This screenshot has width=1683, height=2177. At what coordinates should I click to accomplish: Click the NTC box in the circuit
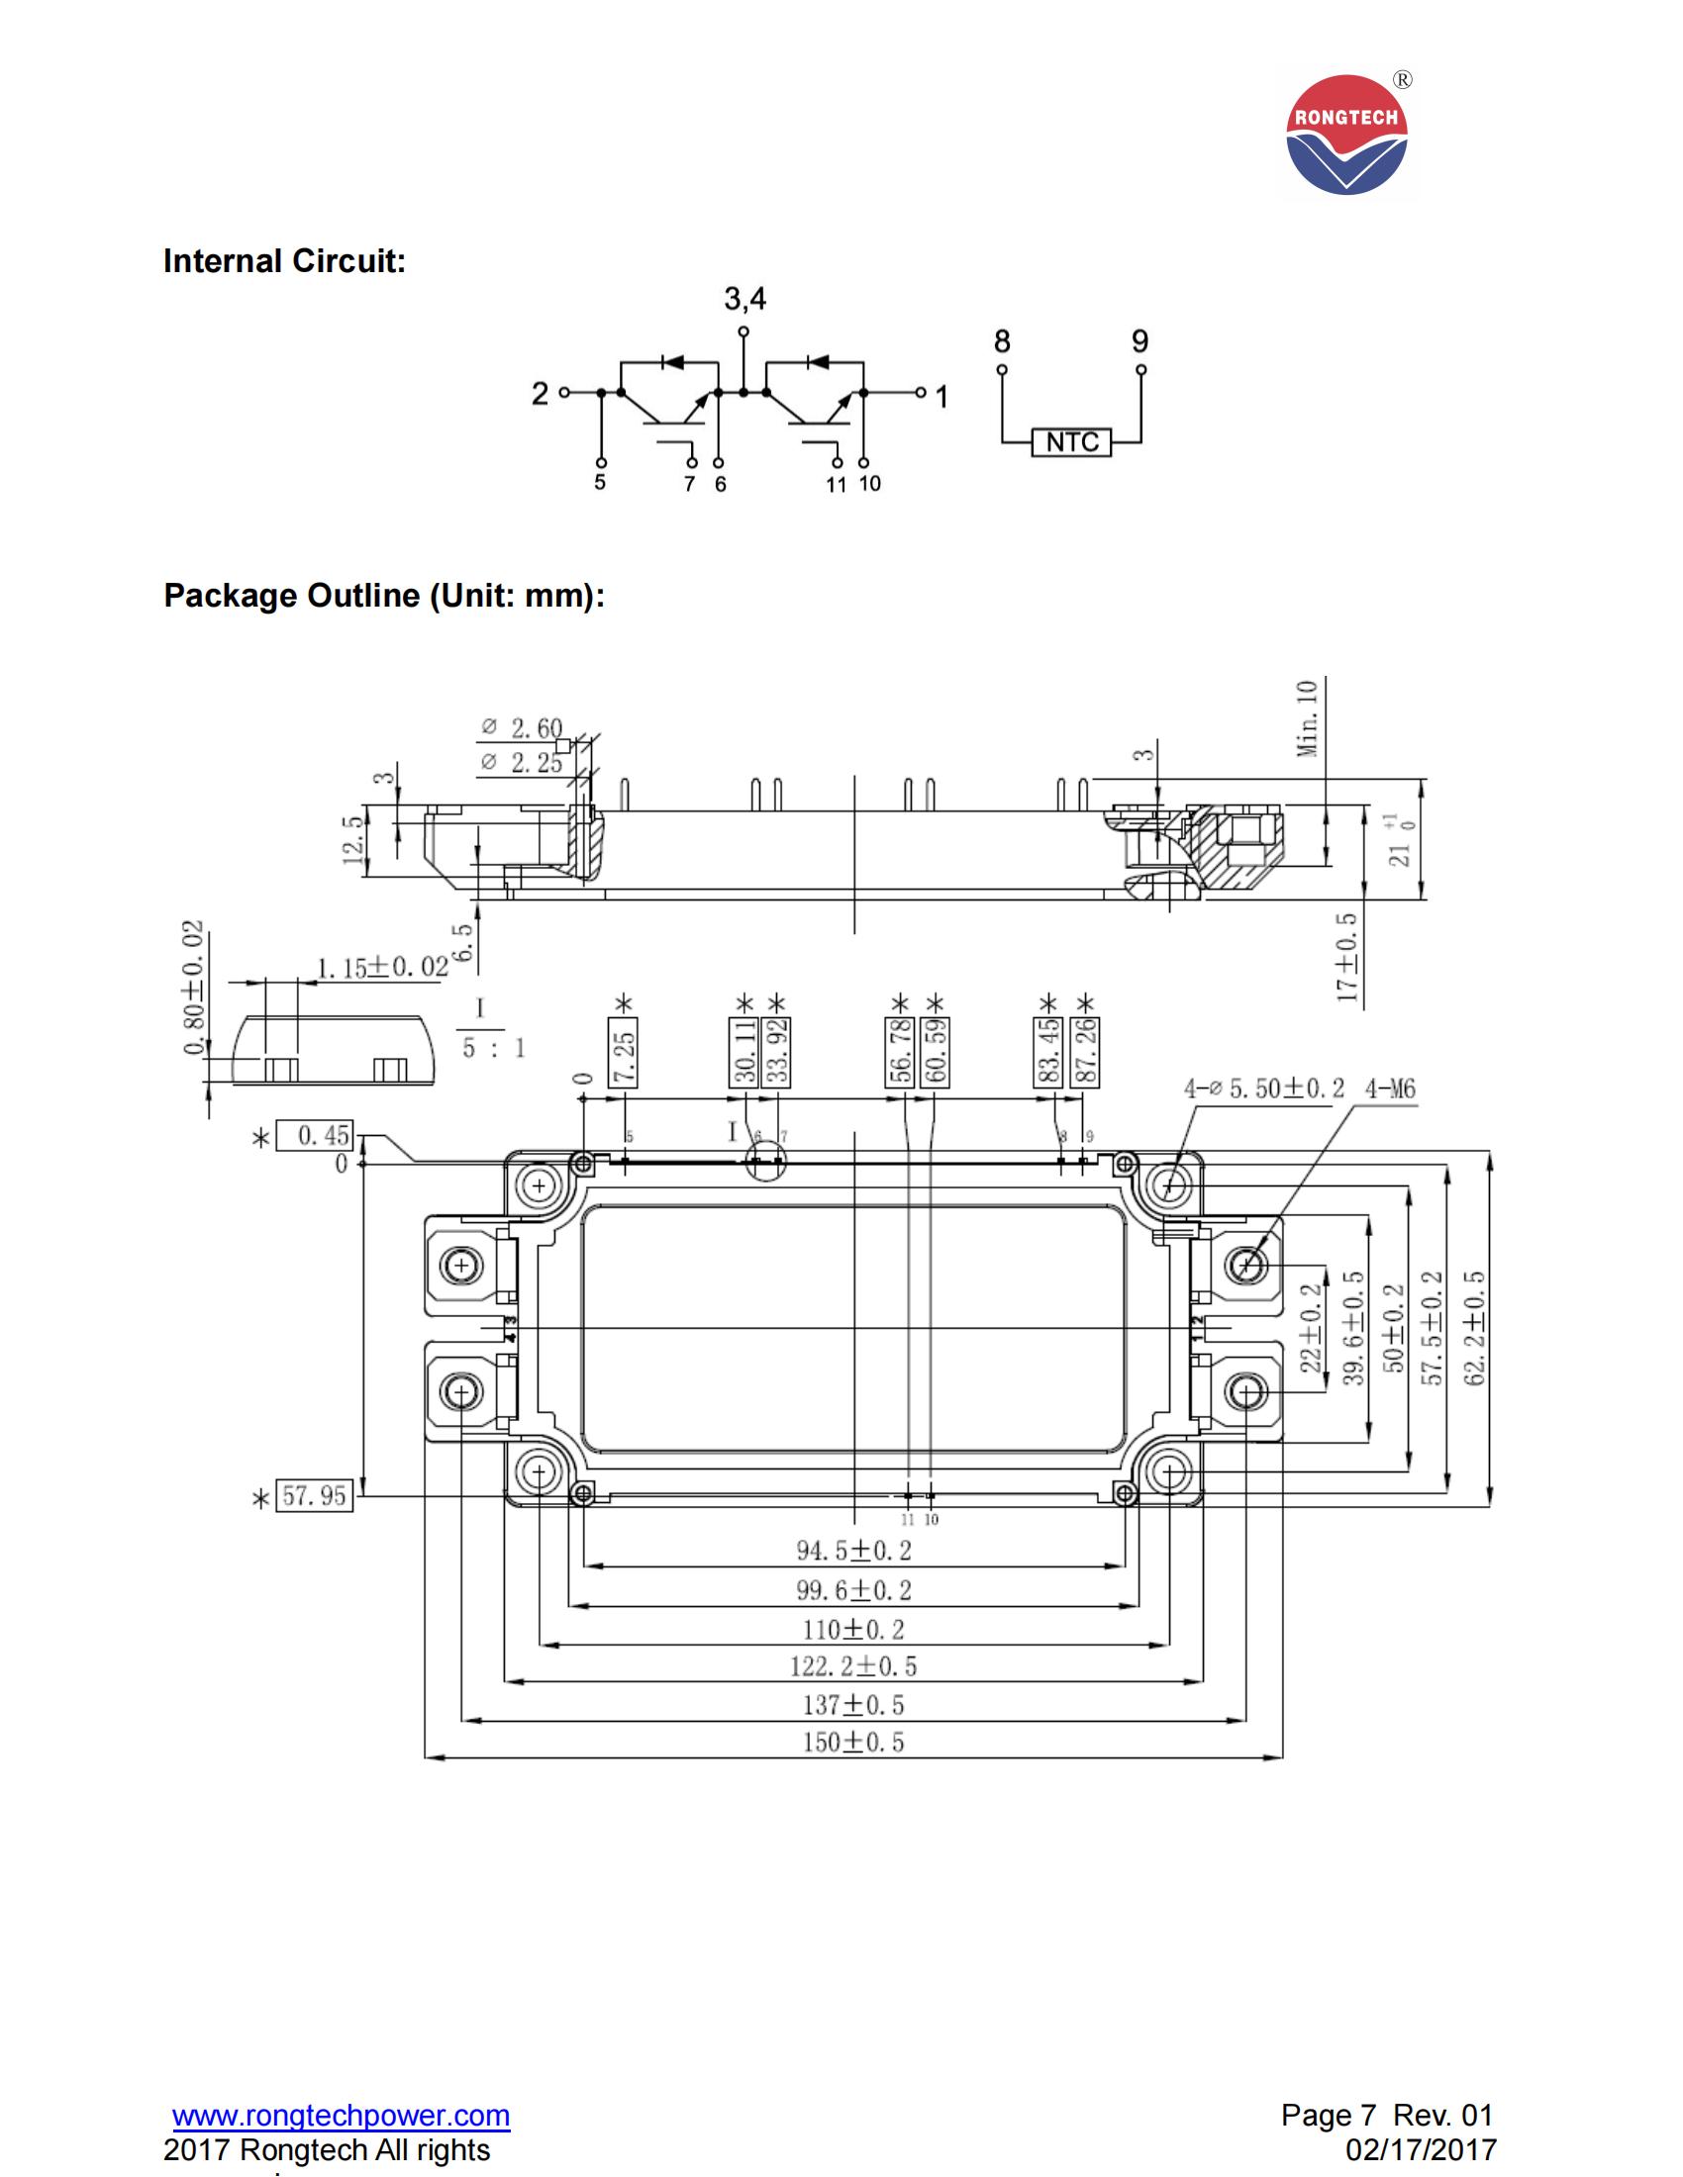[1071, 441]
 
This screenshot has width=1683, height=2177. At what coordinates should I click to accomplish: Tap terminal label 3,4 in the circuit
[744, 298]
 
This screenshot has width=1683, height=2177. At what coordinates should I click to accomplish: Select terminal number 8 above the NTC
[1002, 342]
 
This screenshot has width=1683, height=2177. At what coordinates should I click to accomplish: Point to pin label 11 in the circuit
[836, 485]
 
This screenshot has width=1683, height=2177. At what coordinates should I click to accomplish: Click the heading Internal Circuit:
[284, 261]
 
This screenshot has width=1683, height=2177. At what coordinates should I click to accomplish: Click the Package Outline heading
[384, 595]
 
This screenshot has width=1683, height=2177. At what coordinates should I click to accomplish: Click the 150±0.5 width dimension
[852, 1742]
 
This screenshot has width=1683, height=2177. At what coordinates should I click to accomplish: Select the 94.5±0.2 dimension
[852, 1550]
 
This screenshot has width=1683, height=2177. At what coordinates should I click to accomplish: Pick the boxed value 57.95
[314, 1495]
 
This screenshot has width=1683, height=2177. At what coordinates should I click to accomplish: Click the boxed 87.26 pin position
[1087, 1053]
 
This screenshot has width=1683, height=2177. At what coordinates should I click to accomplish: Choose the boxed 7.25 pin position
[624, 1053]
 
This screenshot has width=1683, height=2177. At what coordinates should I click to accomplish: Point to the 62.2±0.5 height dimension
[1477, 1328]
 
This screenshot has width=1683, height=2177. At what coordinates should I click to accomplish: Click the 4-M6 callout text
[1390, 1088]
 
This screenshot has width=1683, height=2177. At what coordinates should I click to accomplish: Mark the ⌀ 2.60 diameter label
[522, 727]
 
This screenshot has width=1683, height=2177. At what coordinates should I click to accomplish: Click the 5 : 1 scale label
[493, 1048]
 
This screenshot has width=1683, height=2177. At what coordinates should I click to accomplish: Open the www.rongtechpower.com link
[341, 2115]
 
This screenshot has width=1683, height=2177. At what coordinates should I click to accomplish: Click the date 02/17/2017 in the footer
[1421, 2149]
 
